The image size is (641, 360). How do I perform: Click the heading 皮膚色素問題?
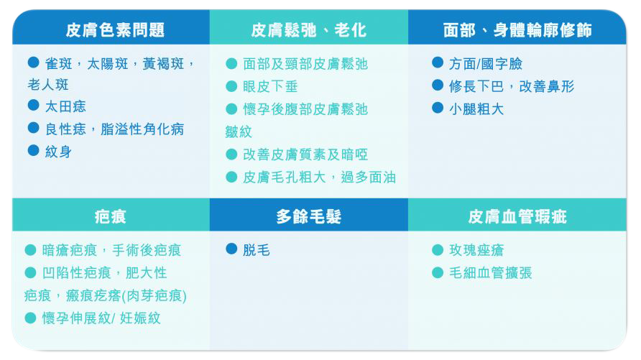tap(115, 30)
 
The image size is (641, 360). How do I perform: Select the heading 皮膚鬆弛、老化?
tap(309, 30)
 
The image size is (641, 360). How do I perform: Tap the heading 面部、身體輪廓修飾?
tap(517, 30)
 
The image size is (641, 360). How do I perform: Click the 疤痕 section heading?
tap(111, 216)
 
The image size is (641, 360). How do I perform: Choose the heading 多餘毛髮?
tap(309, 216)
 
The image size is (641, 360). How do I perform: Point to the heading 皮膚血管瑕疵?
tap(517, 216)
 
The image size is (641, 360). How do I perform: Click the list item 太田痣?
tap(65, 106)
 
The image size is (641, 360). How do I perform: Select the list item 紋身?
tap(58, 152)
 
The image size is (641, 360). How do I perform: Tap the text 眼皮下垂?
tap(270, 86)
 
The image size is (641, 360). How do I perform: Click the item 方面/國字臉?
tap(486, 64)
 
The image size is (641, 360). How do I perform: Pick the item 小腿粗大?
tap(476, 109)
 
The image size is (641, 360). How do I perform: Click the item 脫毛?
tap(257, 250)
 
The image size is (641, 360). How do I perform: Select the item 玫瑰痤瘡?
tap(476, 250)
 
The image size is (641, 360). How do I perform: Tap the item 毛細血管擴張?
tap(491, 273)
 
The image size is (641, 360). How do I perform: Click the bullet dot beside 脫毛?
tap(231, 249)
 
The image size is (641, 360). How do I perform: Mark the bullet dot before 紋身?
tap(34, 150)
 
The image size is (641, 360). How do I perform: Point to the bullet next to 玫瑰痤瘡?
tap(438, 249)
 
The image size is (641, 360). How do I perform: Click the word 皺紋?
tap(239, 132)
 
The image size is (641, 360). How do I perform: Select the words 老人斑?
tap(48, 85)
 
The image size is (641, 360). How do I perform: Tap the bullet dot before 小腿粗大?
tap(438, 108)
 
